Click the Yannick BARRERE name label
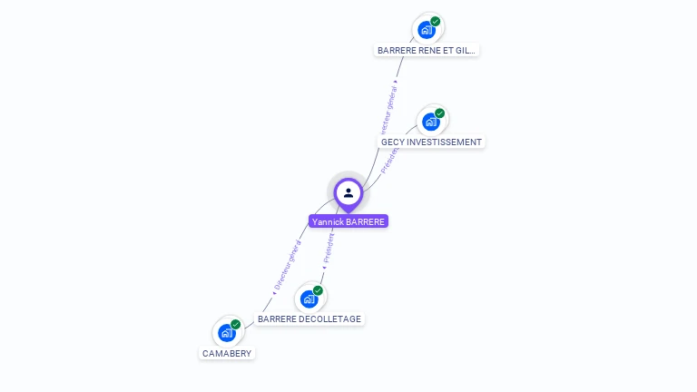pos(348,221)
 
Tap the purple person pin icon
pos(348,192)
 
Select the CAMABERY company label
pos(227,353)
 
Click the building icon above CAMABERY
pos(227,333)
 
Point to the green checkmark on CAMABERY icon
pos(236,324)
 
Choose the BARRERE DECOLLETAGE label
pos(309,319)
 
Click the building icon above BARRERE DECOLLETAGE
pos(309,299)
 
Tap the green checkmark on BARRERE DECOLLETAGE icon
pos(318,290)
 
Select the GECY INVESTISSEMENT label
pos(431,142)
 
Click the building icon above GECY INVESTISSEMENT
pos(431,122)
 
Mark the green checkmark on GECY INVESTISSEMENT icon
pos(440,113)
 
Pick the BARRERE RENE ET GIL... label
pos(427,51)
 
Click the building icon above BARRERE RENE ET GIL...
pos(427,30)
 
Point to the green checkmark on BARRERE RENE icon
pos(436,21)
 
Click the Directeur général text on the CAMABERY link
pos(289,265)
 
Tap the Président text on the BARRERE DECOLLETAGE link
pos(329,249)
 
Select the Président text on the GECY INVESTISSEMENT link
pos(389,156)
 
